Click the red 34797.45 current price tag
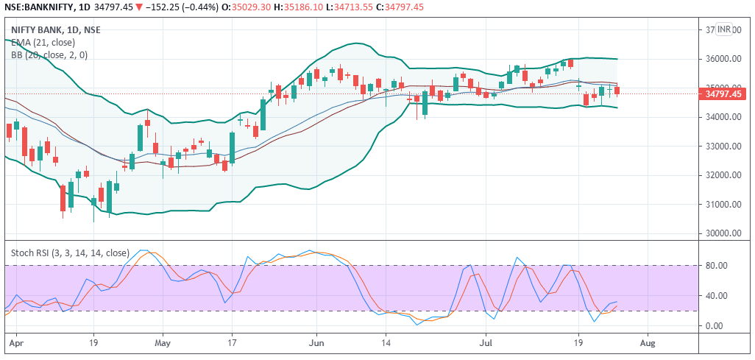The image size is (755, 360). click(x=722, y=93)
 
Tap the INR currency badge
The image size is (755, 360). click(x=724, y=29)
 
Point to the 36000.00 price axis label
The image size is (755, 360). click(x=722, y=59)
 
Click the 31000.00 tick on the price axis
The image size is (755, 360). click(x=722, y=205)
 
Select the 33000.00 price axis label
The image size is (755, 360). click(x=722, y=147)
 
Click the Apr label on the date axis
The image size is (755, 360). click(x=14, y=343)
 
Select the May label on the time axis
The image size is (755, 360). click(x=163, y=343)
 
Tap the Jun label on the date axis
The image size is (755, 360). click(x=316, y=343)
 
